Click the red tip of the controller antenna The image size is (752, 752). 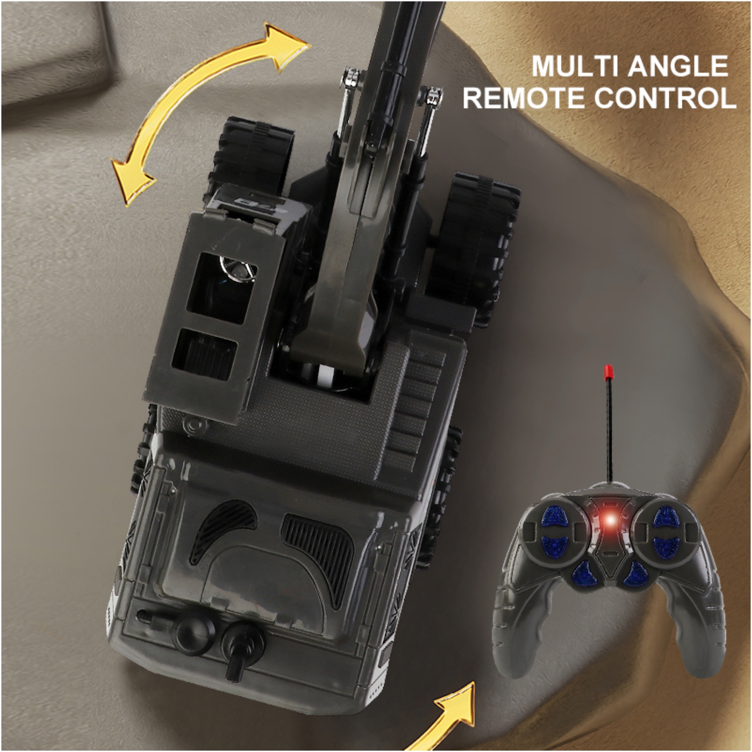click(608, 371)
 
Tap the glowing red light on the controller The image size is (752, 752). click(608, 521)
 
